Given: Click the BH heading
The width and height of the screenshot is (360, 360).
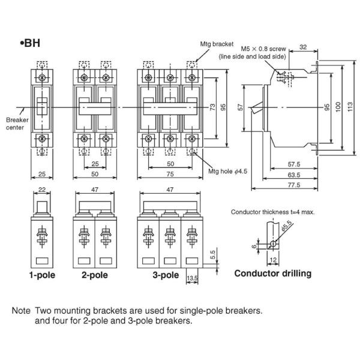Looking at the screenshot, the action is pos(30,43).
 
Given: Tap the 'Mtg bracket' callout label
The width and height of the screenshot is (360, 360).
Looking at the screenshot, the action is pos(217,44).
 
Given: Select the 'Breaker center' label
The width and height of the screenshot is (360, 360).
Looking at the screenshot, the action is pos(17,124).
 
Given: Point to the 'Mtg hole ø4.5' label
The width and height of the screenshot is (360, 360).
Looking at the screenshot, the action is pos(228,171).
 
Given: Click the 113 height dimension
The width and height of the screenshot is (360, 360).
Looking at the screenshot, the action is pos(350,107).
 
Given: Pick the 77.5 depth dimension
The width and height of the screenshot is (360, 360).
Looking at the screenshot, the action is pos(294,185).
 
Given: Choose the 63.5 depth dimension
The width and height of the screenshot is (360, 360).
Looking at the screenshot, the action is pos(294,175).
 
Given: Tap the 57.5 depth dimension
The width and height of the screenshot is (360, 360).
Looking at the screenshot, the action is pos(294,164).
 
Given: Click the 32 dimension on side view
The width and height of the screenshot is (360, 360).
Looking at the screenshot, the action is pos(303,47).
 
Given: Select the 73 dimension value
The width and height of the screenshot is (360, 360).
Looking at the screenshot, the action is pos(212,107).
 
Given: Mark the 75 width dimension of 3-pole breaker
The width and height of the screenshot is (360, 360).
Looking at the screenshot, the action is pos(170,174).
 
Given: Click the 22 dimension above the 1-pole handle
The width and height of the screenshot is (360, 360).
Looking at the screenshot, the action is pos(42,190).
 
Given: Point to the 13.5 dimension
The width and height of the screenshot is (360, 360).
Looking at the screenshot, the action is pos(192,278).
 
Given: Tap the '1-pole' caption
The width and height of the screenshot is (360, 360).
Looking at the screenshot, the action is pos(42,275).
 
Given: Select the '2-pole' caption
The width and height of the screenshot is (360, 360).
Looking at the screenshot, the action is pos(95,275).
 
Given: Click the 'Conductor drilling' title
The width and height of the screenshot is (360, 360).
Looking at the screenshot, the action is pos(273,274).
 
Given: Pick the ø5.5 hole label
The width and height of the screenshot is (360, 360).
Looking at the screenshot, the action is pos(287,226).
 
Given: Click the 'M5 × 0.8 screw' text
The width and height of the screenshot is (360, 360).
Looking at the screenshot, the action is pos(263,49).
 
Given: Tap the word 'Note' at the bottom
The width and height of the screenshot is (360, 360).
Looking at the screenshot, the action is pos(21,311).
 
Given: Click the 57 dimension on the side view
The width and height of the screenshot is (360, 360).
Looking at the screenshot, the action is pos(241,107).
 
